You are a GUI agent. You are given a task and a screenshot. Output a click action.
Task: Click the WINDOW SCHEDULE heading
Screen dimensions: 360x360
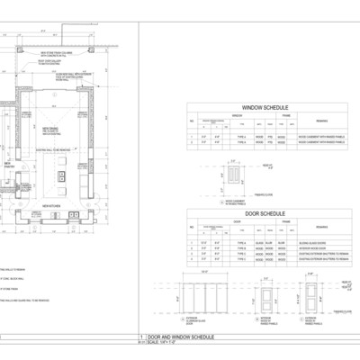pyautogui.click(x=257, y=106)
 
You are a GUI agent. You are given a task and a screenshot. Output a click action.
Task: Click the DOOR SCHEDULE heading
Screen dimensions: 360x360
pyautogui.click(x=257, y=212)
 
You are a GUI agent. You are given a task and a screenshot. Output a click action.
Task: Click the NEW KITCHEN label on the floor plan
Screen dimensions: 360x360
pyautogui.click(x=52, y=206)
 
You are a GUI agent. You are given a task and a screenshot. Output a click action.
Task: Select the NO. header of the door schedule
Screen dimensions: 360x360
pyautogui.click(x=192, y=228)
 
